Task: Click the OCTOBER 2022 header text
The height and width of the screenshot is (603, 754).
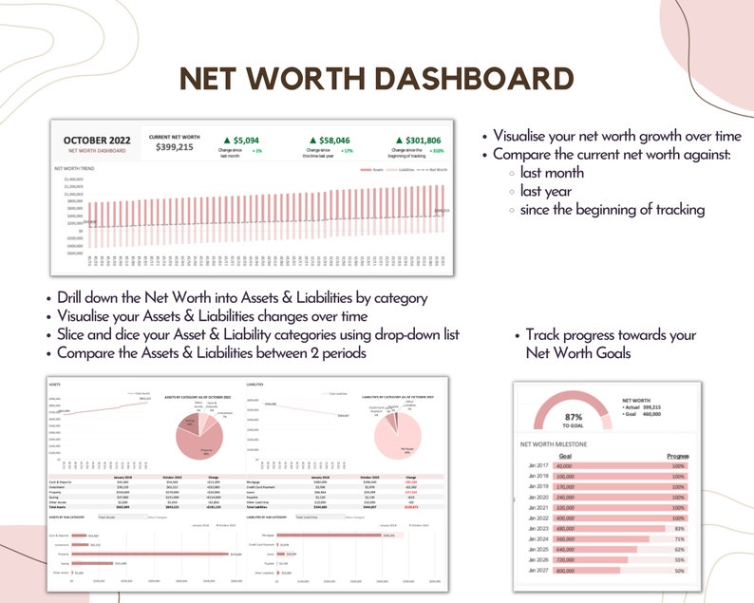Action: (x=98, y=141)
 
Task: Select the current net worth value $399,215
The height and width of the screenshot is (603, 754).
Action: (x=171, y=147)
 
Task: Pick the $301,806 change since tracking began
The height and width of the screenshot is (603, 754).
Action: (x=418, y=140)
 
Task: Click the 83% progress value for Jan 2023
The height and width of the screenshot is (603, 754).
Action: (x=678, y=528)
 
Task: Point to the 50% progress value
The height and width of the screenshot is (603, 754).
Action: (x=678, y=570)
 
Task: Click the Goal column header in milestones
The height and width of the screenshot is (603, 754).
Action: (x=564, y=456)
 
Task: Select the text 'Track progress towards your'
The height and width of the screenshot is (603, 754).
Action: (x=611, y=335)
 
